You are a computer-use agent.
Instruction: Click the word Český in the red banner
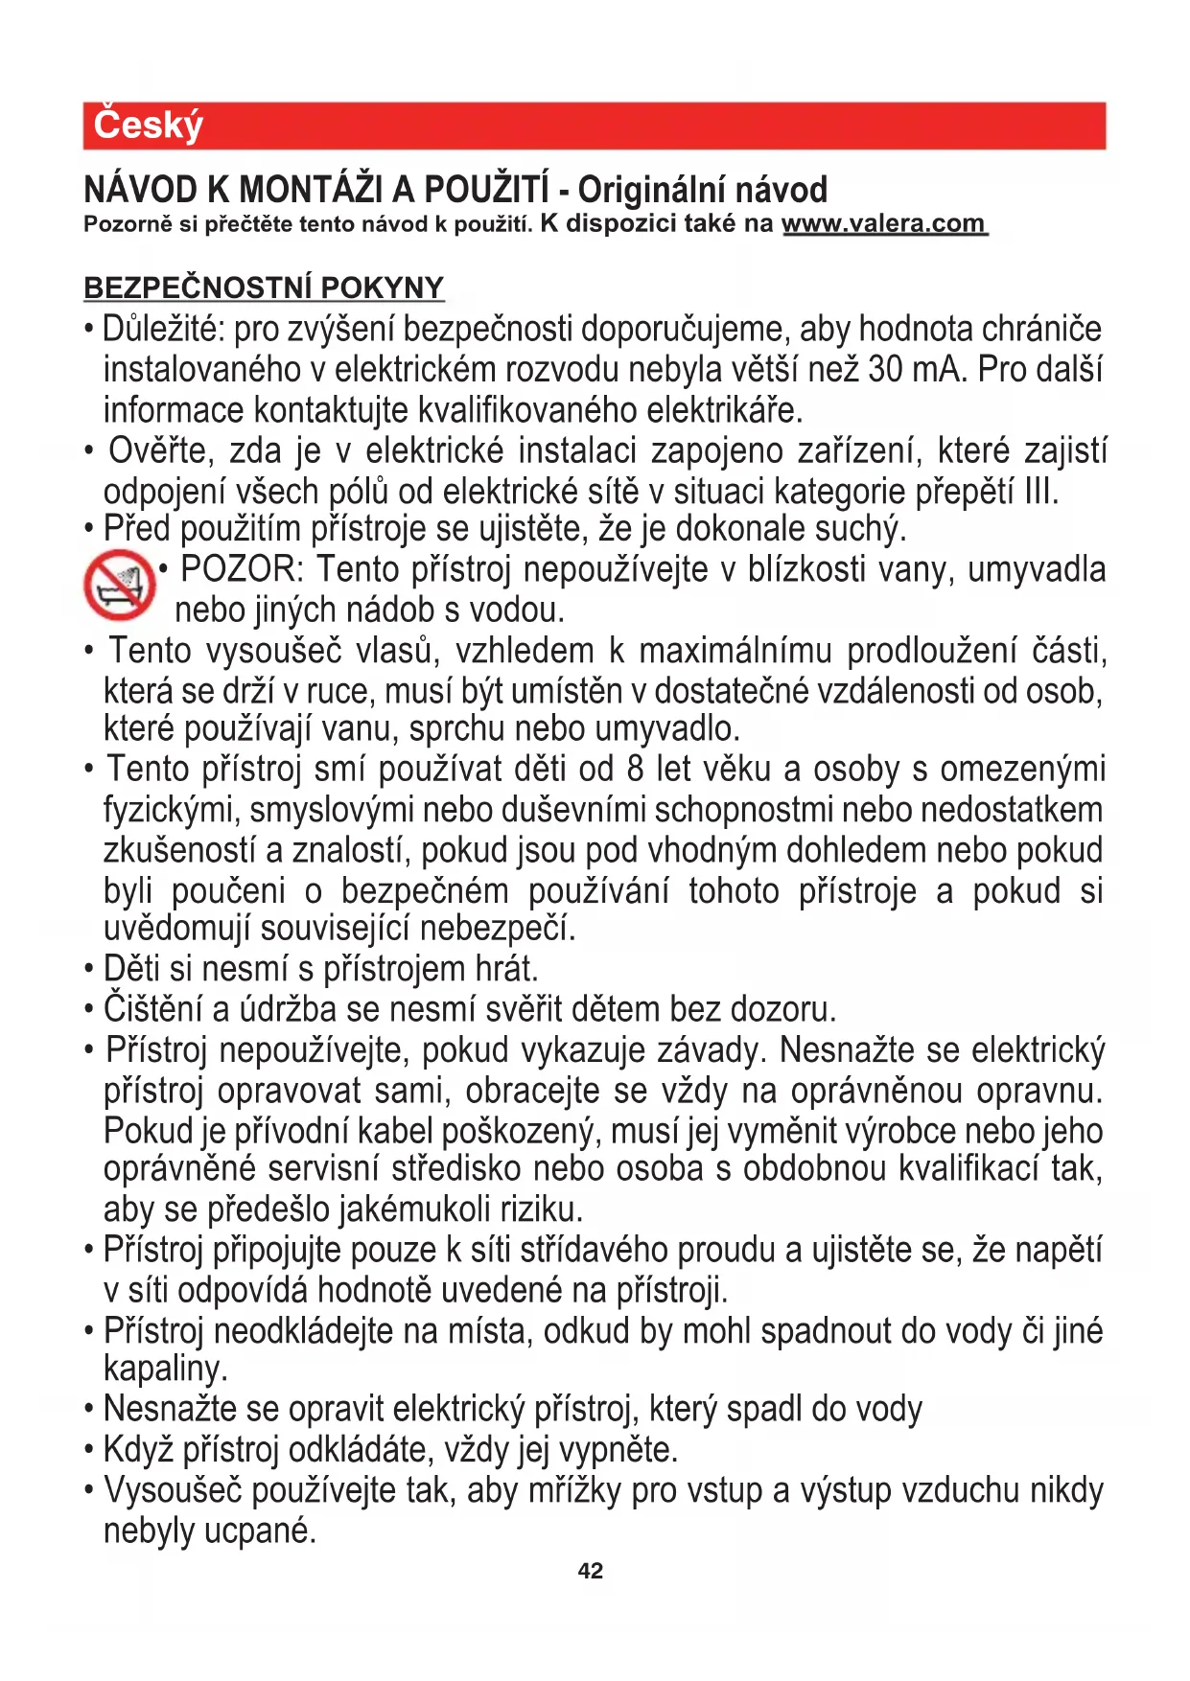(x=149, y=126)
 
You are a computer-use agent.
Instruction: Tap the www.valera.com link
(x=883, y=223)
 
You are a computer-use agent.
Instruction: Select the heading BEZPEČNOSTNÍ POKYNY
(x=264, y=288)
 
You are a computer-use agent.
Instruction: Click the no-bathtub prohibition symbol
(x=119, y=585)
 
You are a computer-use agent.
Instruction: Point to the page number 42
(x=591, y=1571)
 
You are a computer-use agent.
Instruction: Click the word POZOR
(x=242, y=569)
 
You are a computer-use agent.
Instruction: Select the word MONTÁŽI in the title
(x=311, y=190)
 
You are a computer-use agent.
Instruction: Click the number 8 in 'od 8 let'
(x=635, y=770)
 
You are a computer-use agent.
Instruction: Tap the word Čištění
(x=152, y=1009)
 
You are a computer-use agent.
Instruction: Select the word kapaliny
(x=164, y=1369)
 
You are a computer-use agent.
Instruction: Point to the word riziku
(x=541, y=1209)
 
